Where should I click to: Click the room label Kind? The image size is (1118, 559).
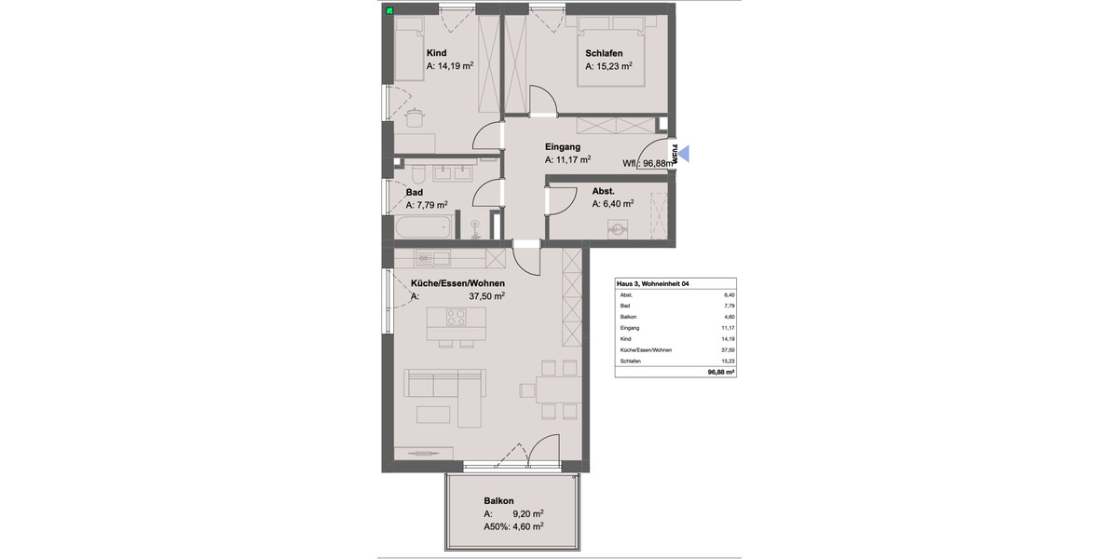click(x=437, y=53)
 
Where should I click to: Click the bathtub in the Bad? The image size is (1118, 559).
click(x=423, y=226)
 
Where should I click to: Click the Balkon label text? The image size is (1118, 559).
click(x=499, y=500)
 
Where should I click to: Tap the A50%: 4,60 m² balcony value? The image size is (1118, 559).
click(x=513, y=526)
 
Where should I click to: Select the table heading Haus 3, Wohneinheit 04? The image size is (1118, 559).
click(x=654, y=283)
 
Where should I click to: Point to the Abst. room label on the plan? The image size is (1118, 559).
click(x=603, y=191)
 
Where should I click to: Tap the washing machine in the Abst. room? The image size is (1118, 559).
click(x=617, y=228)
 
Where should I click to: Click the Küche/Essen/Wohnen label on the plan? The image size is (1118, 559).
click(x=457, y=282)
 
